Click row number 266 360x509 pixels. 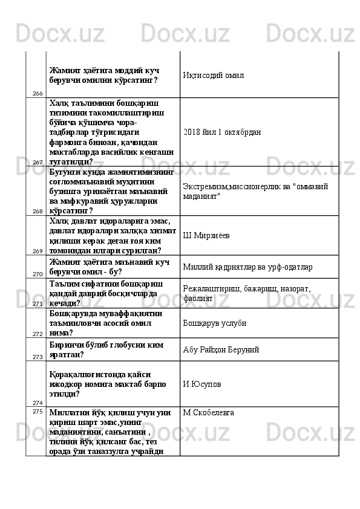(x=38, y=94)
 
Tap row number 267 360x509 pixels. (x=38, y=162)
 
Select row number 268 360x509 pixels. (x=38, y=212)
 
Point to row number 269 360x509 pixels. (x=38, y=251)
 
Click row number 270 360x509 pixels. (x=38, y=274)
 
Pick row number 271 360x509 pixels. (x=38, y=304)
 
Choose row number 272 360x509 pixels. (x=38, y=334)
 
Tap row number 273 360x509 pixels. (x=38, y=357)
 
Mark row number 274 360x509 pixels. (x=38, y=402)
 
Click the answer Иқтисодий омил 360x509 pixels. (x=213, y=76)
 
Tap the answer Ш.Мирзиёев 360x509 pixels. (x=209, y=235)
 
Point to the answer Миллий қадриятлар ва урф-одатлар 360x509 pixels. (x=247, y=267)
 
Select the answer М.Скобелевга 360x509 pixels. (x=209, y=413)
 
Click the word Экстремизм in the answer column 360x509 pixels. (x=204, y=187)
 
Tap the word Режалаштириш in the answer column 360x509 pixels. (x=209, y=290)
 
